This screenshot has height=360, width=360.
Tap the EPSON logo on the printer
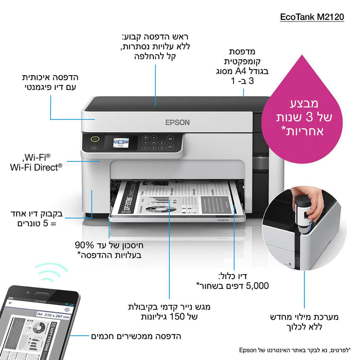(177, 122)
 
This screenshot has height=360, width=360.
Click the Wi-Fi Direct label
(36, 167)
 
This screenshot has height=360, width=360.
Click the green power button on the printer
(95, 138)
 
